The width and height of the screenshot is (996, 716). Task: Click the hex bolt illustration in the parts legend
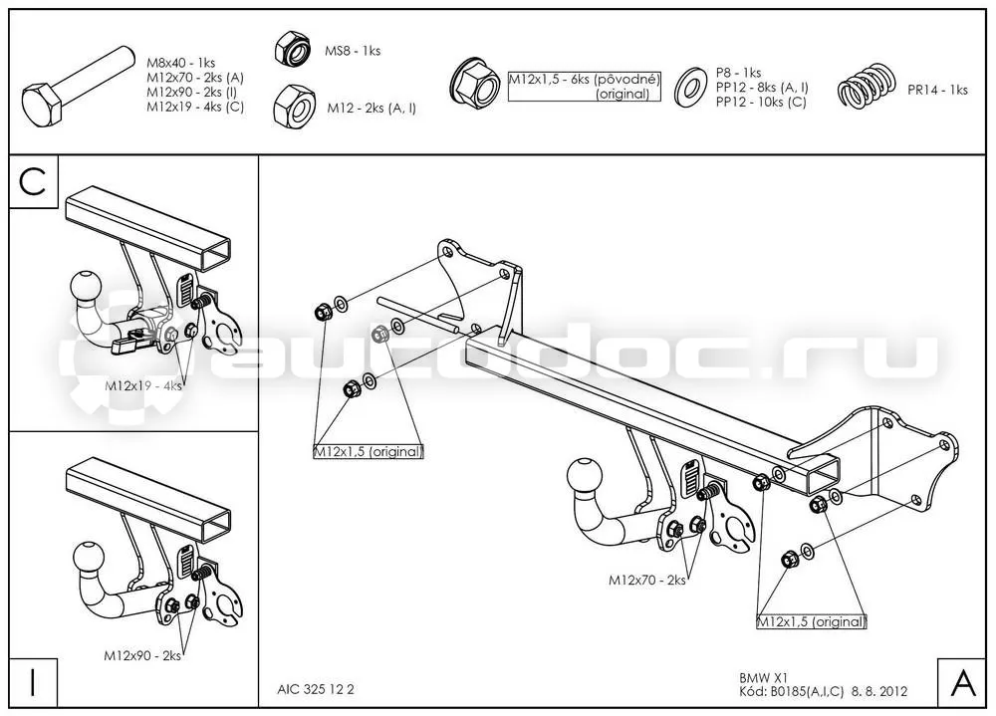[x=78, y=87]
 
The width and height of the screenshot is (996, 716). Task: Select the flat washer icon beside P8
[x=690, y=87]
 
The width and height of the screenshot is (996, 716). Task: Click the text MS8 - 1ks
[x=353, y=51]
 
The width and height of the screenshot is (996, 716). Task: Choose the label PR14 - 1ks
[x=937, y=91]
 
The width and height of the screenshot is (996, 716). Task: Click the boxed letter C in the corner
[x=33, y=181]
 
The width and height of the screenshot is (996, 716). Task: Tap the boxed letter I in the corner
[x=33, y=682]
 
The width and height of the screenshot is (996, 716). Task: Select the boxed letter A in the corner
[x=963, y=683]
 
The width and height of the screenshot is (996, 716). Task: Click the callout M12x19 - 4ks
[x=142, y=385]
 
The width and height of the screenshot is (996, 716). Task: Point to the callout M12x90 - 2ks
[x=142, y=655]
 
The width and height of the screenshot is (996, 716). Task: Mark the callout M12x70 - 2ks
[x=647, y=580]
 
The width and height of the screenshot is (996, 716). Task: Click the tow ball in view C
[x=87, y=289]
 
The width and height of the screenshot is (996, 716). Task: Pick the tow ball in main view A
[x=584, y=476]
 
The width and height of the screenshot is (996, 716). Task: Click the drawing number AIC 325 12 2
[x=316, y=689]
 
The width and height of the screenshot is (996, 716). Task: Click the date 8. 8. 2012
[x=879, y=691]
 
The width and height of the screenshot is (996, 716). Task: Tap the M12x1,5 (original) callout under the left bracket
[x=369, y=451]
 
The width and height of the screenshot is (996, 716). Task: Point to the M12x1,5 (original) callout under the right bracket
[x=812, y=621]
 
